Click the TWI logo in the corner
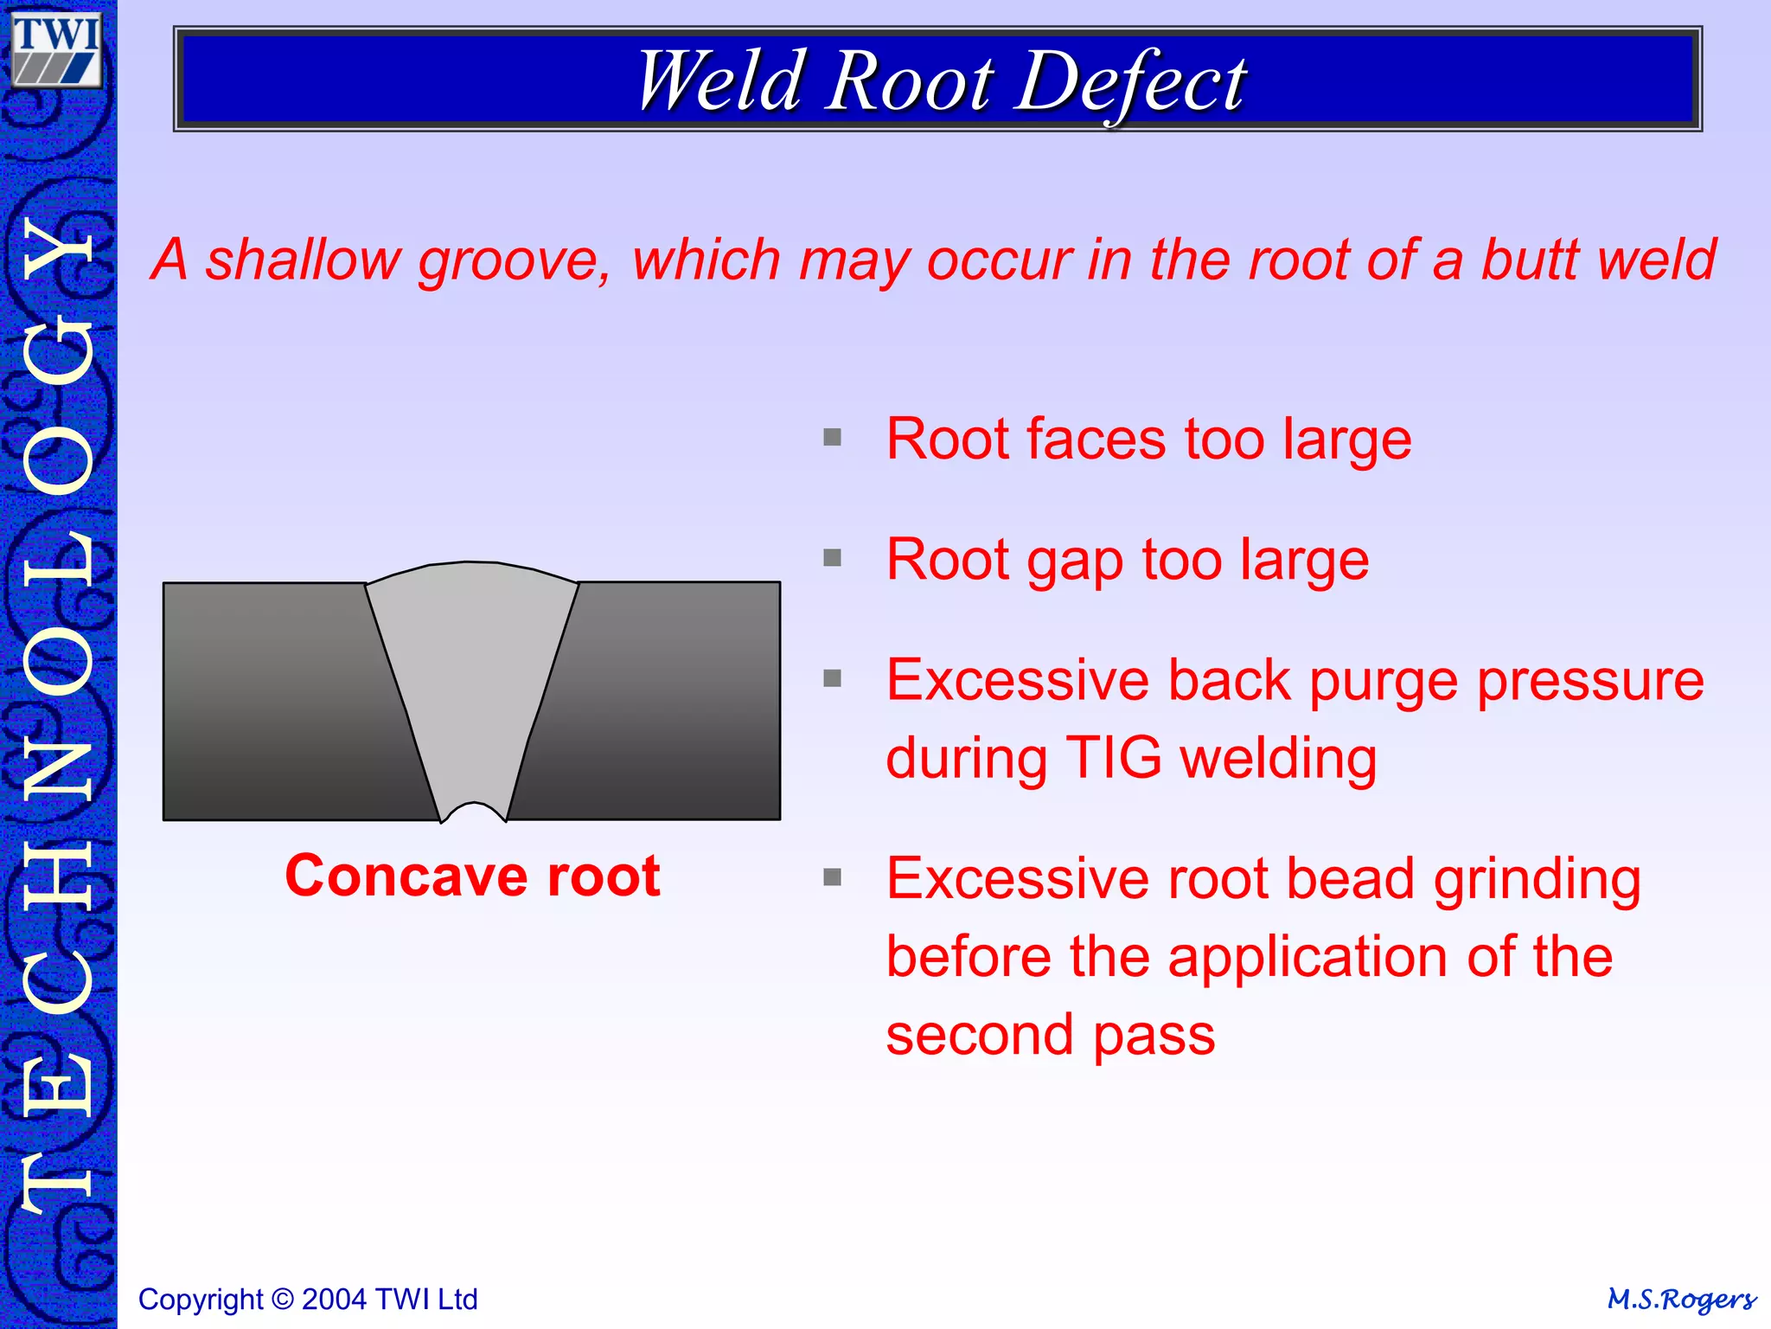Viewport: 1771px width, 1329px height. click(57, 50)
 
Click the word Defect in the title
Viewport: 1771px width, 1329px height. click(1129, 81)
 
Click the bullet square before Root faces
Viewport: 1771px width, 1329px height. click(832, 438)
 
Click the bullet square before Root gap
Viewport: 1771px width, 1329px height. click(832, 558)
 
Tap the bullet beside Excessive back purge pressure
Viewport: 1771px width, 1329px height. click(832, 678)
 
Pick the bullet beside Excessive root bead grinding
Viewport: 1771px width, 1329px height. click(832, 877)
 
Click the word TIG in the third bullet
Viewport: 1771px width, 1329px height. click(1114, 758)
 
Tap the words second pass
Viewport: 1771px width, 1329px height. click(1050, 1035)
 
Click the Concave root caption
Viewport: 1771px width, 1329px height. click(472, 876)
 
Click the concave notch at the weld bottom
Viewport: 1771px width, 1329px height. click(473, 812)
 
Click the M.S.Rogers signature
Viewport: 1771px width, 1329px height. click(1681, 1299)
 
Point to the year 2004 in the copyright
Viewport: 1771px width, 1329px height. click(335, 1300)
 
